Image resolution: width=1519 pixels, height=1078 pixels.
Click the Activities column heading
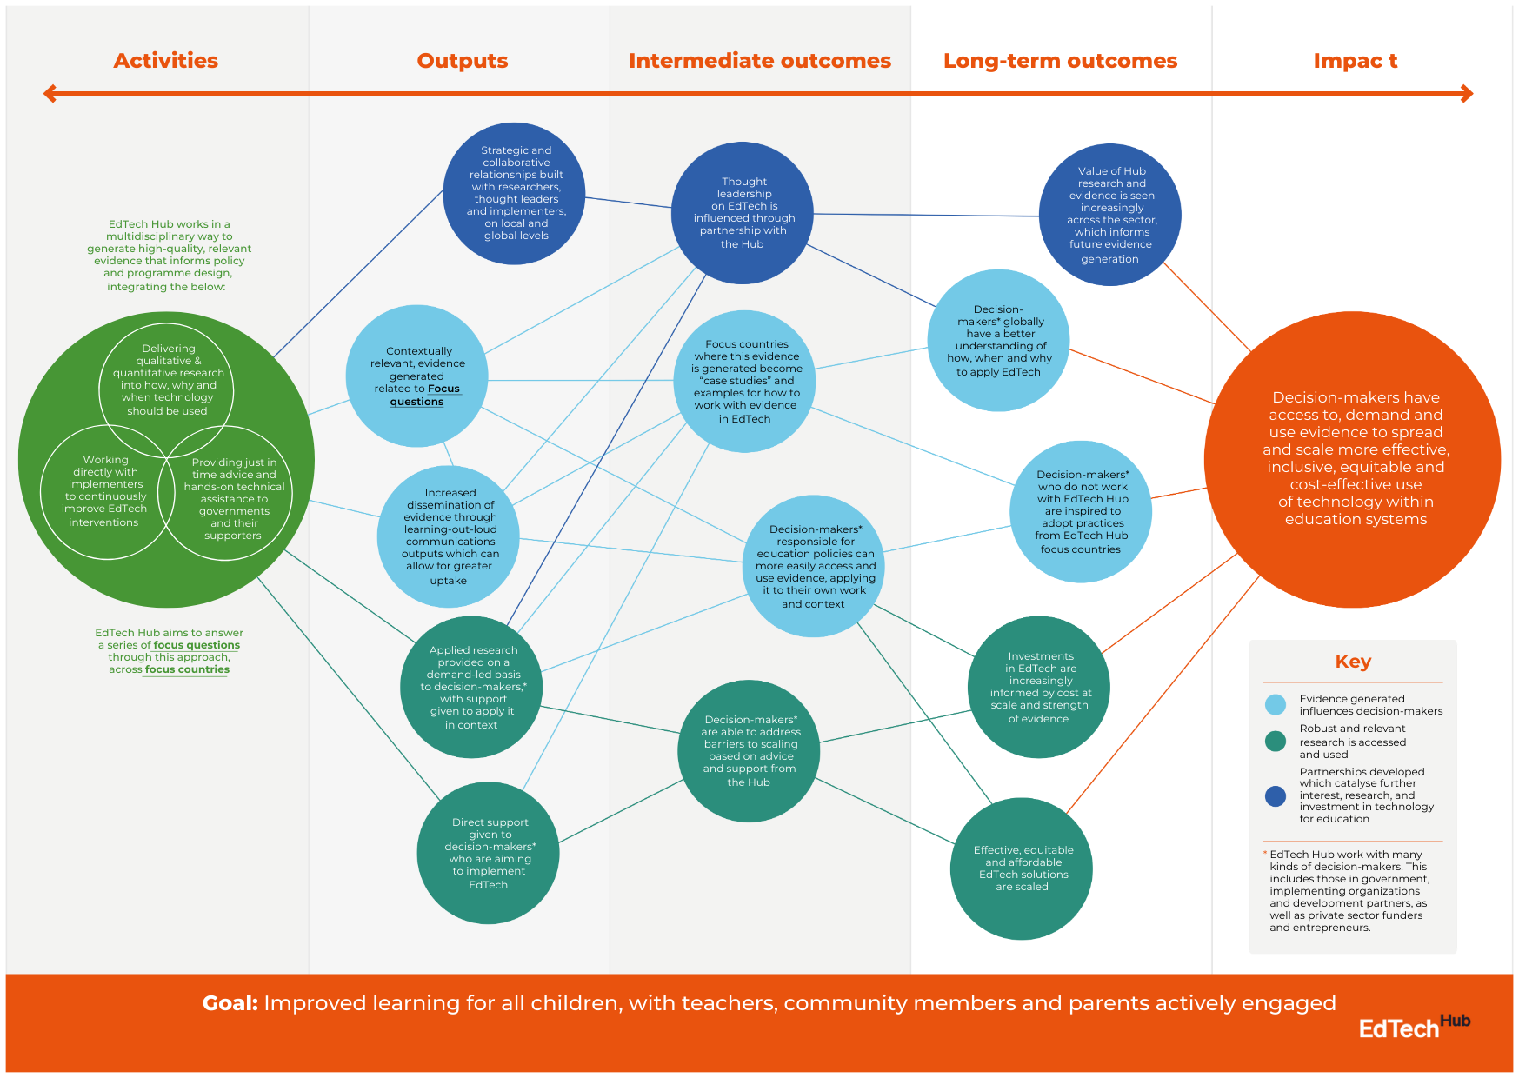pyautogui.click(x=165, y=61)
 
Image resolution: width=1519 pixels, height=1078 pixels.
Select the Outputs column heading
pyautogui.click(x=462, y=61)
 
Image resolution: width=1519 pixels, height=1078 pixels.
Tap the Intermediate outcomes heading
pyautogui.click(x=759, y=61)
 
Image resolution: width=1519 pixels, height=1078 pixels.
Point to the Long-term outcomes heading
pyautogui.click(x=1060, y=61)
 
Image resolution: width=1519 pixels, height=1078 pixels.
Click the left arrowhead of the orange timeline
pyautogui.click(x=50, y=93)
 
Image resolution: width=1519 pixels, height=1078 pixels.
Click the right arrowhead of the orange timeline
pyautogui.click(x=1467, y=93)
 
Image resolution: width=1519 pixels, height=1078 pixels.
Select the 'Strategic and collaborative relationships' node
pyautogui.click(x=515, y=193)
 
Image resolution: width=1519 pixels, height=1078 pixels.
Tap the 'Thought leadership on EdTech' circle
pyautogui.click(x=743, y=213)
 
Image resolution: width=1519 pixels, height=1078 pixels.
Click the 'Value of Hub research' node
pyautogui.click(x=1110, y=215)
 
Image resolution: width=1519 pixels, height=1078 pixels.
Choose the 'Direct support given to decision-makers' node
pyautogui.click(x=489, y=853)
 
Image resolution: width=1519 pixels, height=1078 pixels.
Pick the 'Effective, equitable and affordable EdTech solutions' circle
pyautogui.click(x=1022, y=868)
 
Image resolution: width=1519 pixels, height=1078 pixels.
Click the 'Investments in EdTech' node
pyautogui.click(x=1039, y=687)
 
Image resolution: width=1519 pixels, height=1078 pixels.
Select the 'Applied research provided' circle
pyautogui.click(x=471, y=687)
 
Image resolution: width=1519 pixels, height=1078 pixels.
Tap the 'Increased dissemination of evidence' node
pyautogui.click(x=449, y=536)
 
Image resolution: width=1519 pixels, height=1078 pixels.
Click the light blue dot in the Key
pyautogui.click(x=1276, y=705)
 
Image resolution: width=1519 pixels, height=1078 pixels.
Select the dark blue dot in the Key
pyautogui.click(x=1276, y=795)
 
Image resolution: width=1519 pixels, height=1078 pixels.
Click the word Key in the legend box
pyautogui.click(x=1353, y=662)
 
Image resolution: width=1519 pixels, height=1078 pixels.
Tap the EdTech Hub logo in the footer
pyautogui.click(x=1414, y=1027)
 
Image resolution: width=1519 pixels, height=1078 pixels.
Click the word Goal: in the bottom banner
pyautogui.click(x=230, y=1003)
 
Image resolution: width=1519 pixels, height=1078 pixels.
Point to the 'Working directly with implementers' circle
pyautogui.click(x=105, y=491)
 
